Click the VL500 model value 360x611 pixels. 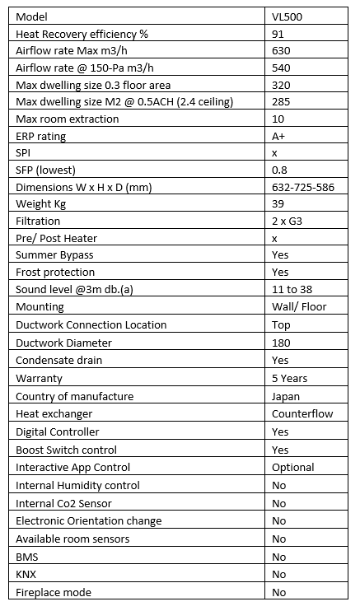288,16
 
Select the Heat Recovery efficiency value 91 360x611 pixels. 278,34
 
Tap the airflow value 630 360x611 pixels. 280,51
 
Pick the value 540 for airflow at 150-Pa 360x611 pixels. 280,68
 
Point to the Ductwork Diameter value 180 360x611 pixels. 280,342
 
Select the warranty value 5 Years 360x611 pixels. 289,378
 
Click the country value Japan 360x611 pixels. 286,396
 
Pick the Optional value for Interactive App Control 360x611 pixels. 292,467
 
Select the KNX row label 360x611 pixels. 27,574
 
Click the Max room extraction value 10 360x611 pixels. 277,119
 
